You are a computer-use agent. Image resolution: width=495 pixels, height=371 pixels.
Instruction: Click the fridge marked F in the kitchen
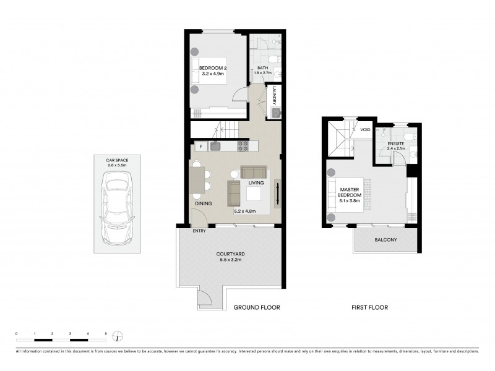tap(200, 147)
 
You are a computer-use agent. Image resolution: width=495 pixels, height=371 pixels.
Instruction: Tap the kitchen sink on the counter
tap(215, 146)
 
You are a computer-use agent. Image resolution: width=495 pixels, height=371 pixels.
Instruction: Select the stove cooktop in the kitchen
tap(243, 147)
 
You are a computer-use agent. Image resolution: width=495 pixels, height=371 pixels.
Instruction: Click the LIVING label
tap(256, 183)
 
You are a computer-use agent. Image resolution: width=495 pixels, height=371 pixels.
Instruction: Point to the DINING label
tap(203, 203)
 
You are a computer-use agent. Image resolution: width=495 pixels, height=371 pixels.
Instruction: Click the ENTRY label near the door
tap(199, 231)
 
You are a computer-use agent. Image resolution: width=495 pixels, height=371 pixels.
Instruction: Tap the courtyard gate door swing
tap(205, 301)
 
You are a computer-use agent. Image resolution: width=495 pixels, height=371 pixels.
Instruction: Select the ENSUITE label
tap(395, 143)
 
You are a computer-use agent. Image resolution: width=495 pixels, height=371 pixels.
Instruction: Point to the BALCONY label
tap(385, 240)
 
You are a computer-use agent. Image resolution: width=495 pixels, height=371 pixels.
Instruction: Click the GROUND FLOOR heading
tap(256, 307)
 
